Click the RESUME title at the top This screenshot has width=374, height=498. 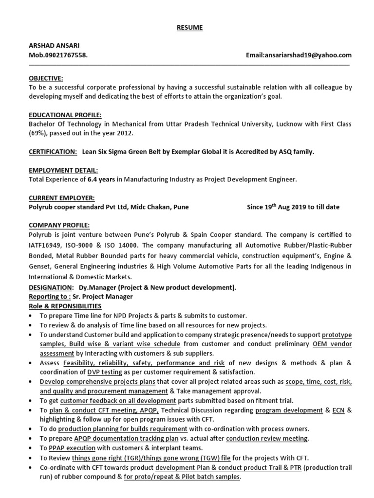189,28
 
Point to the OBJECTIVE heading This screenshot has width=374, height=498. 46,78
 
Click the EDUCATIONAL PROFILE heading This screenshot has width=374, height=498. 65,115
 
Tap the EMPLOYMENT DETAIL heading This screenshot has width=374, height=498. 63,170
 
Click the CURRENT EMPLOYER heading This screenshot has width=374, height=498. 62,198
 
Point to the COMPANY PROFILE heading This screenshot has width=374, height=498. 59,225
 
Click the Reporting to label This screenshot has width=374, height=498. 50,297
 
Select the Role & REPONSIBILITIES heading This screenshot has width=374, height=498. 65,306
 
